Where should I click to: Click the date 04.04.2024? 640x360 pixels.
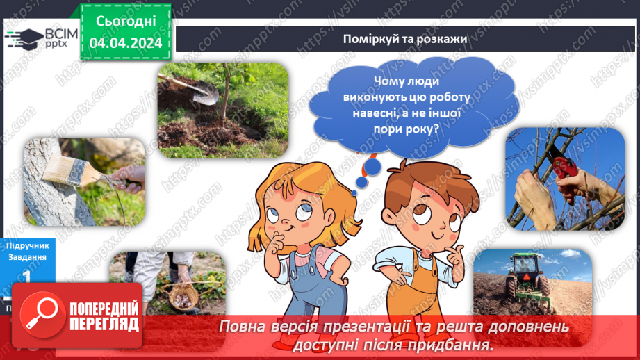tap(126, 43)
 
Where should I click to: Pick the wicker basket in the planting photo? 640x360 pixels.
tap(183, 296)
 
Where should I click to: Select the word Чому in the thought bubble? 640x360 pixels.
tap(388, 81)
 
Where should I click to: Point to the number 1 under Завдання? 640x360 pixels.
tap(26, 276)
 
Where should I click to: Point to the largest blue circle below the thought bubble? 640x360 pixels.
tap(372, 167)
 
